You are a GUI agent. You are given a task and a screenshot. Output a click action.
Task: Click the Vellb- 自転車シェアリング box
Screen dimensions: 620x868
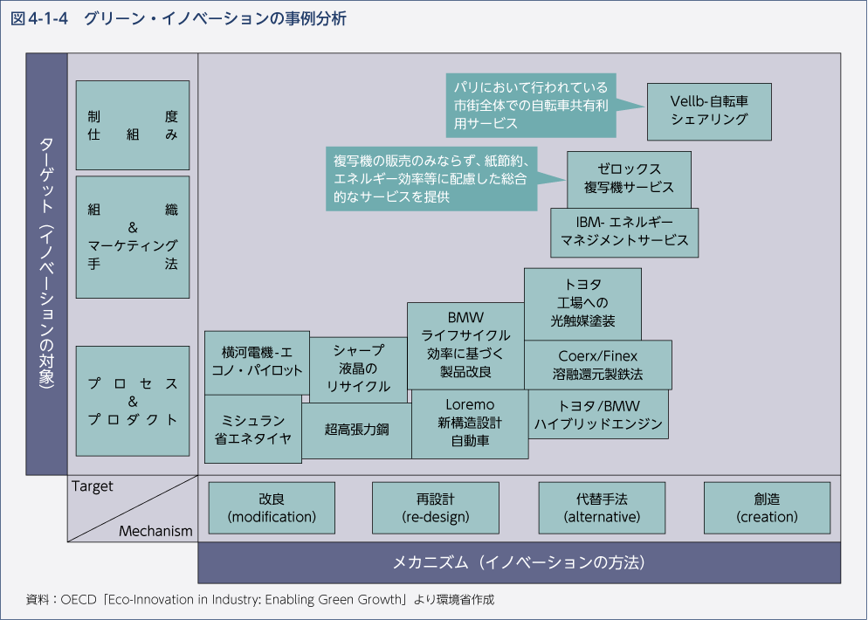point(709,111)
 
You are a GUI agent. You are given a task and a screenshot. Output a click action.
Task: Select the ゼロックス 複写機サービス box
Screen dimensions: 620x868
point(629,179)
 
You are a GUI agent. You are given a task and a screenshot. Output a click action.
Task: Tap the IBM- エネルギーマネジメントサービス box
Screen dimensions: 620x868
point(624,231)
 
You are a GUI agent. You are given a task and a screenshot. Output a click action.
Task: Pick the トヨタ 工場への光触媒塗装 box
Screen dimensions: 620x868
point(582,304)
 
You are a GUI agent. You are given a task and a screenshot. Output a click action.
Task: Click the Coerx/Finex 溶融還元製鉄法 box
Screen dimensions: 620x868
point(598,365)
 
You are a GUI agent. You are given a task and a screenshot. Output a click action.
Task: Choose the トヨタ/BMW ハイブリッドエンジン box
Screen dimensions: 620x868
point(598,415)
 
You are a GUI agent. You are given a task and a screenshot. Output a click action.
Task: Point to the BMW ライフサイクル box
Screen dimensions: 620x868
point(465,344)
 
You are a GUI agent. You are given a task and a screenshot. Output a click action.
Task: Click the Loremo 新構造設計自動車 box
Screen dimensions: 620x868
point(470,424)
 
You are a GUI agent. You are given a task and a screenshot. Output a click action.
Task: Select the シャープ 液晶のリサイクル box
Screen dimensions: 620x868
point(358,369)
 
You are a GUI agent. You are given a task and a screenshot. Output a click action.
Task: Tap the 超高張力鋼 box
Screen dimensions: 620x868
point(356,431)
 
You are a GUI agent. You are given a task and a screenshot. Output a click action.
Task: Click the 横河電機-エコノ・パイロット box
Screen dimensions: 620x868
point(257,362)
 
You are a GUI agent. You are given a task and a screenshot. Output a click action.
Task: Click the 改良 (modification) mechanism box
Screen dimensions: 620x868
point(272,507)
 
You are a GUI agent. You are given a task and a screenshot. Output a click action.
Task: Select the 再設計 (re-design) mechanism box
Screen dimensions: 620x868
point(435,507)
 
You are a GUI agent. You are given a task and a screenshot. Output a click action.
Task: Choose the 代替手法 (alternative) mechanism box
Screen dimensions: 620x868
point(602,507)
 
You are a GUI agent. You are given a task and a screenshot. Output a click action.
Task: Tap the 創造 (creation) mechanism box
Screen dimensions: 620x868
point(767,507)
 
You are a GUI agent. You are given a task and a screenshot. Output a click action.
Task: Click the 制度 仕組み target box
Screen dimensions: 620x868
point(133,125)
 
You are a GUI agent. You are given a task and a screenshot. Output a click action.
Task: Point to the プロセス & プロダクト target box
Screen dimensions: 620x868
point(133,401)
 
